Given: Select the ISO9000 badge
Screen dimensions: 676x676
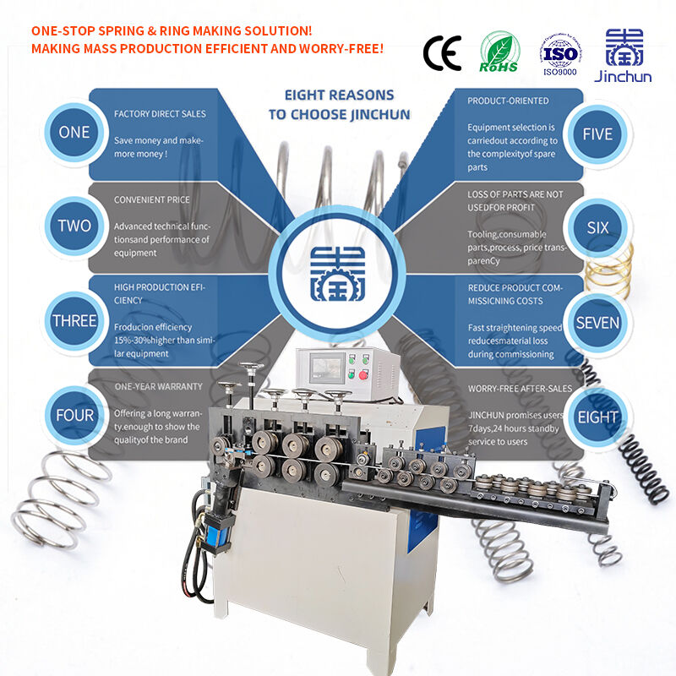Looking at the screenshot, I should (x=559, y=52).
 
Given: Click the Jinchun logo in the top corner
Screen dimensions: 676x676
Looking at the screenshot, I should (x=624, y=52).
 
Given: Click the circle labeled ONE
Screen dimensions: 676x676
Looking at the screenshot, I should (x=74, y=133).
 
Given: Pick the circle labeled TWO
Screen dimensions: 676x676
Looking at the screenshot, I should (x=74, y=226).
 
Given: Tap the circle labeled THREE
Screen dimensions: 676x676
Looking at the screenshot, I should (x=74, y=321).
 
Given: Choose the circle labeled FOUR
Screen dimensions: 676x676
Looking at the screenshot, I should (x=74, y=415).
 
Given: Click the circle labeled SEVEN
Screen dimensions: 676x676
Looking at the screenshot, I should (x=597, y=323).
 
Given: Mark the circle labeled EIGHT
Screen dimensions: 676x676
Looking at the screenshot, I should (x=597, y=417).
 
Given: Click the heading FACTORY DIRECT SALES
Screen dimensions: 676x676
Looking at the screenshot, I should (x=160, y=114).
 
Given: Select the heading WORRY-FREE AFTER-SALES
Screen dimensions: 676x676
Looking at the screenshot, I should (x=520, y=389).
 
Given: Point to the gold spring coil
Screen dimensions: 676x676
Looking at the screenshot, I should (x=610, y=270).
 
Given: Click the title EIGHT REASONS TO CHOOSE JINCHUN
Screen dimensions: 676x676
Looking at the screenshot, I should (x=338, y=105).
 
